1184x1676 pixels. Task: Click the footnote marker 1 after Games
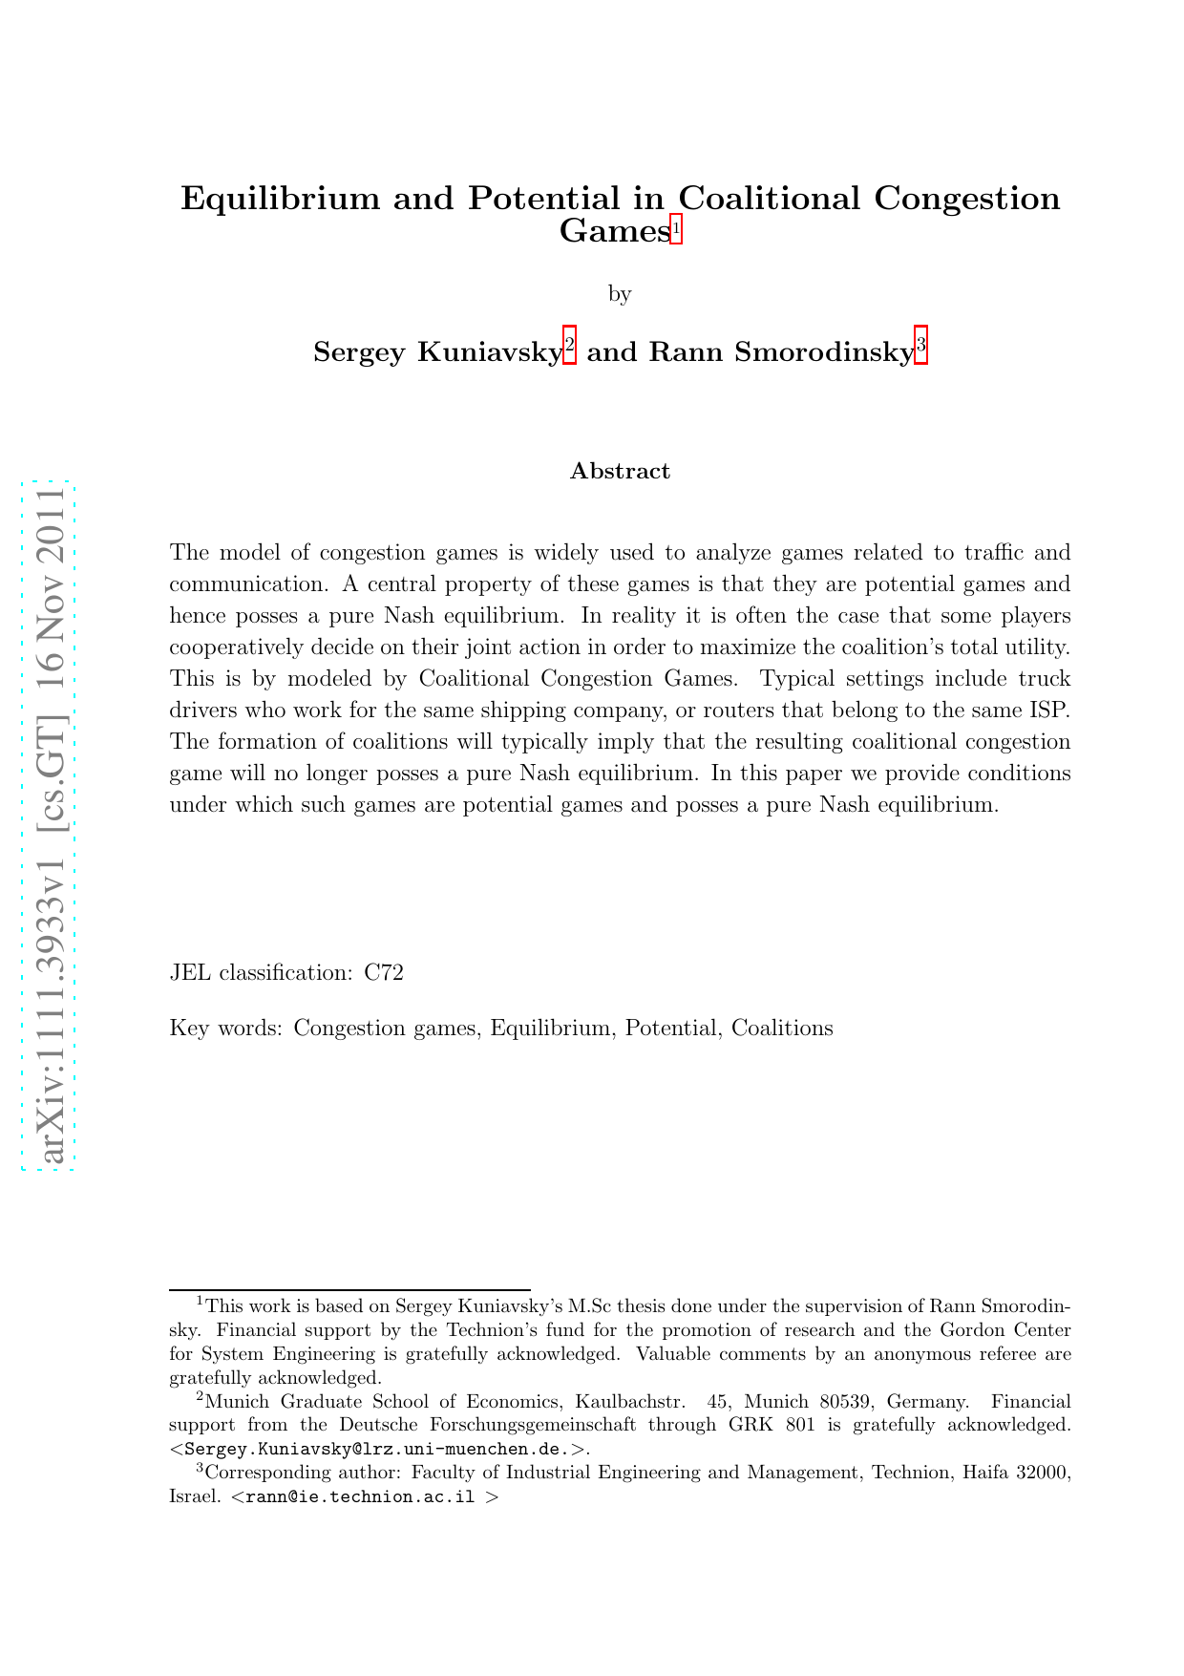(676, 230)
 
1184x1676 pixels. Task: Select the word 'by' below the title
(620, 293)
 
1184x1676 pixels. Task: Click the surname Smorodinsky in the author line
(829, 352)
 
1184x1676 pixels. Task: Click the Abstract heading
(620, 471)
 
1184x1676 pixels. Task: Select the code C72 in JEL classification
(384, 973)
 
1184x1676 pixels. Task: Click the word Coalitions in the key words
(782, 1029)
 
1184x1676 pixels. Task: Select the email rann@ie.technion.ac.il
(360, 1496)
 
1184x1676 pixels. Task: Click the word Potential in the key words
(670, 1029)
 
